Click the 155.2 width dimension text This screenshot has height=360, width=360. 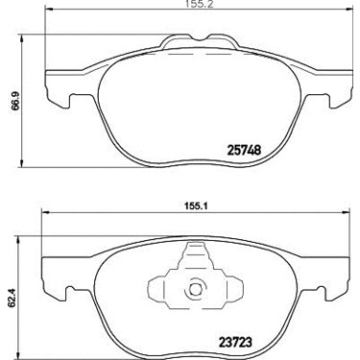(x=195, y=4)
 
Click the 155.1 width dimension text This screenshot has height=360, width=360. (x=195, y=206)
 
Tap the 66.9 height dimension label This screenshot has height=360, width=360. (x=15, y=101)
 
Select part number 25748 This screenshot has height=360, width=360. (x=244, y=150)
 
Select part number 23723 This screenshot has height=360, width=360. (x=235, y=342)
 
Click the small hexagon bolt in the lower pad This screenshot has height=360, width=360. (x=195, y=289)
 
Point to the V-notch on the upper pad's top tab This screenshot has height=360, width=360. (x=200, y=37)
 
